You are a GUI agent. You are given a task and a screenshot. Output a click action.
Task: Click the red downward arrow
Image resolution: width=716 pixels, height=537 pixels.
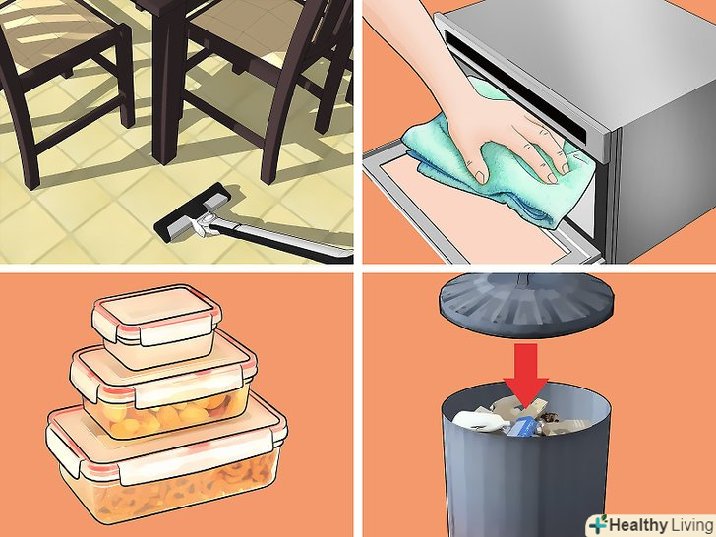pyautogui.click(x=525, y=375)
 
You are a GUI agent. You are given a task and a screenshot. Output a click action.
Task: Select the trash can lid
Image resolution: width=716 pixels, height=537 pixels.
pyautogui.click(x=526, y=305)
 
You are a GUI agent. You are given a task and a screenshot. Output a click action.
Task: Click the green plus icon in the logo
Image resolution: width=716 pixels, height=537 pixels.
pyautogui.click(x=598, y=524)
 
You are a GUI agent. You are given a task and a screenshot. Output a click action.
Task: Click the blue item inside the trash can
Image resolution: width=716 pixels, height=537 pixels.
pyautogui.click(x=523, y=427)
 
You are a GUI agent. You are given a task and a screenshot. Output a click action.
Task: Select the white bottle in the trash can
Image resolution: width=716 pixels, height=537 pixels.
pyautogui.click(x=479, y=421)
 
